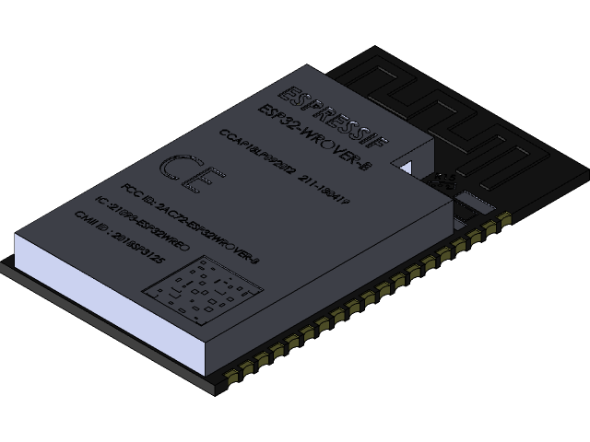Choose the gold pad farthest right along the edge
pyautogui.click(x=504, y=218)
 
